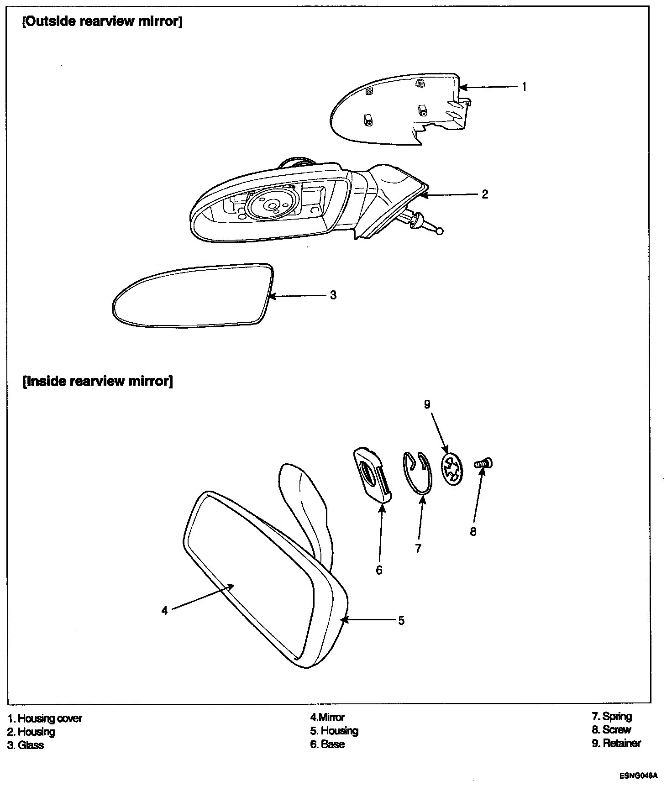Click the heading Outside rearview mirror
coord(102,21)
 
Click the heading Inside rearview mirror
coord(98,381)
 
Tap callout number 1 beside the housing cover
coord(524,86)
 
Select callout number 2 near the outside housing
coord(485,194)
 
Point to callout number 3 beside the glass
coord(333,295)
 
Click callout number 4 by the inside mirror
coord(165,610)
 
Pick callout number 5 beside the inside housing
coord(401,620)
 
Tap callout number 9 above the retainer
coord(427,404)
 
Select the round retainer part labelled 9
coord(452,469)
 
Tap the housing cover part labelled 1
coord(397,110)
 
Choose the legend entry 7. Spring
coord(612,716)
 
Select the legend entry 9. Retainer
coord(616,743)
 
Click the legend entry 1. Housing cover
coord(45,718)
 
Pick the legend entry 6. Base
coord(327,744)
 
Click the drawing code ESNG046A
coord(639,776)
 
